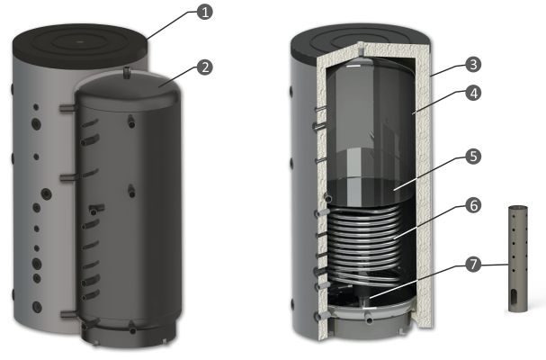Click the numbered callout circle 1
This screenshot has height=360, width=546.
coord(205,13)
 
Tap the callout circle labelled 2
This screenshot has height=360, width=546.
coord(205,67)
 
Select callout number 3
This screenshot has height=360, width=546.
coord(473,65)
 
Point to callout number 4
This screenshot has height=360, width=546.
coord(473,93)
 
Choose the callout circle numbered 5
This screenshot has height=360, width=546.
coord(473,157)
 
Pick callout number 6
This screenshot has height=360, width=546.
coord(473,205)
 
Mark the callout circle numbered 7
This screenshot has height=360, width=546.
coord(473,265)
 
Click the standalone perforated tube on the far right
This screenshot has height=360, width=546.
coord(518,258)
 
